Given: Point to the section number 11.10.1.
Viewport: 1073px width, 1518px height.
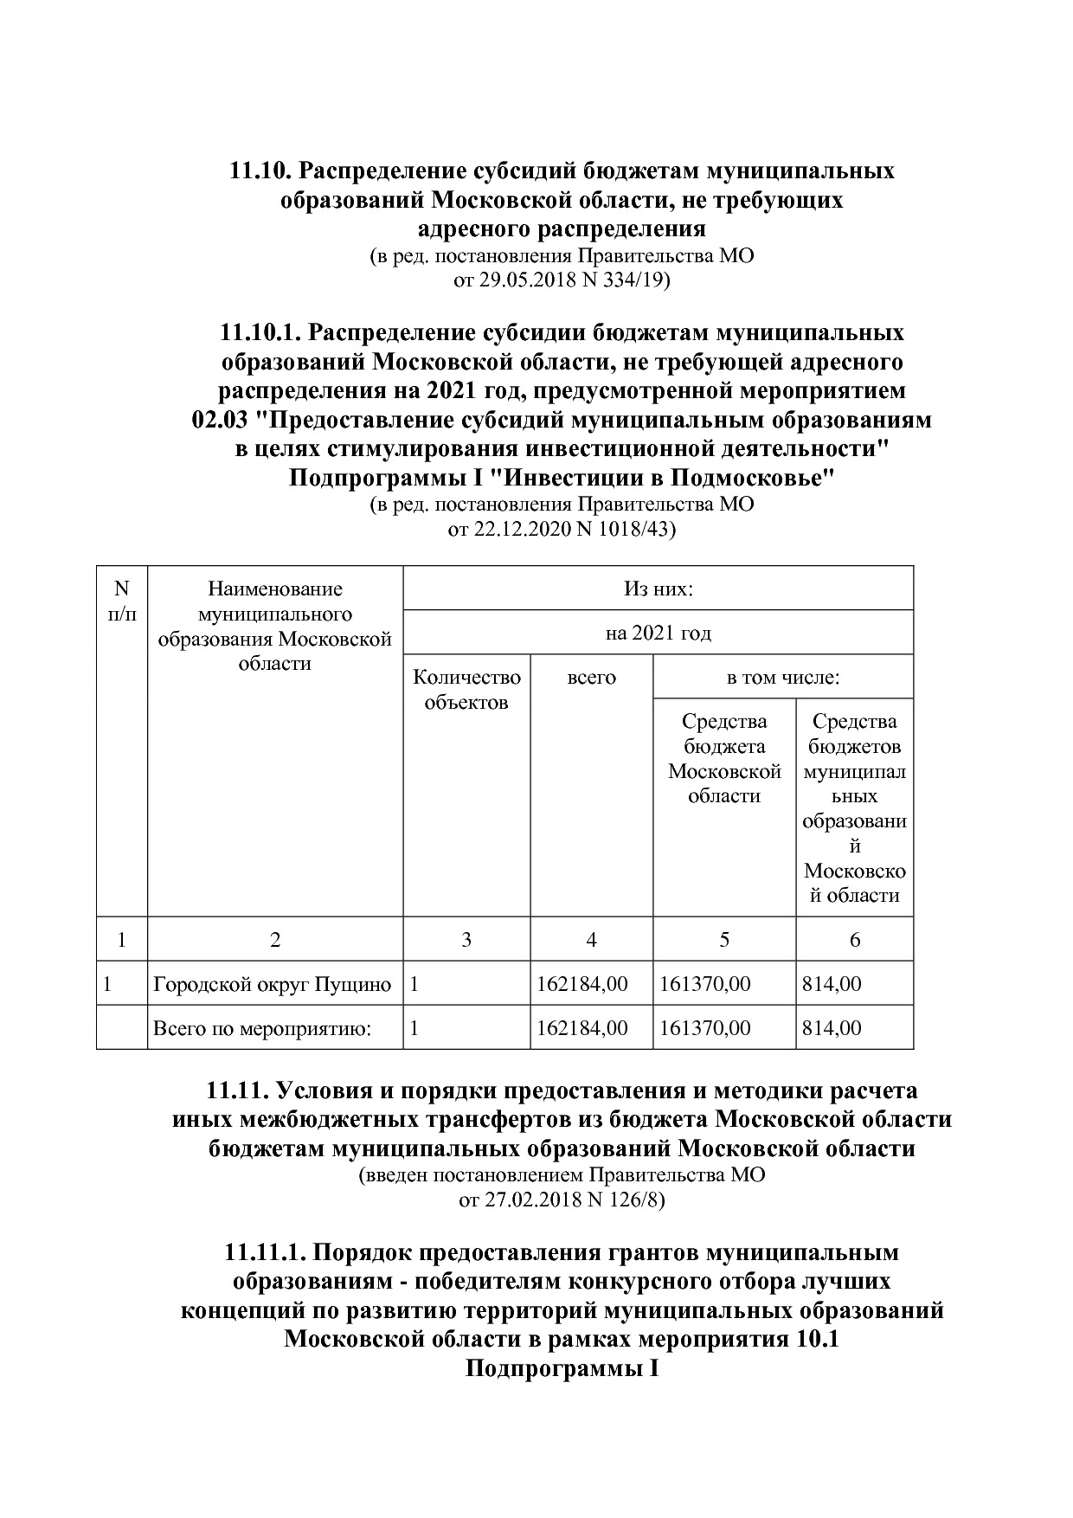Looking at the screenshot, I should [260, 332].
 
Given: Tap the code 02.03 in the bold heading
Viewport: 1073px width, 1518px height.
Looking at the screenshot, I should [222, 421].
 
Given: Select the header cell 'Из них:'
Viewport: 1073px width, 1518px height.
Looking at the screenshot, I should [658, 589].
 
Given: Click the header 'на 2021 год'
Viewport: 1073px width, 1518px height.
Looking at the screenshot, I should [658, 634].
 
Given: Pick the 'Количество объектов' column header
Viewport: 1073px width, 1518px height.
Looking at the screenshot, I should [466, 690].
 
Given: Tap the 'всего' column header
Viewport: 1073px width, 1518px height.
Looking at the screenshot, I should [591, 678].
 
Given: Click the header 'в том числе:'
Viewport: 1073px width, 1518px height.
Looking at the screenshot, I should [782, 678].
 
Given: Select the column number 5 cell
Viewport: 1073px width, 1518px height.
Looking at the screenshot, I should [724, 940].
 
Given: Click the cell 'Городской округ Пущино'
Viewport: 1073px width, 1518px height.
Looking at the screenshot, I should [273, 984].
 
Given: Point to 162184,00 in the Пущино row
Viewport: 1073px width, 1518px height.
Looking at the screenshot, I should [581, 984].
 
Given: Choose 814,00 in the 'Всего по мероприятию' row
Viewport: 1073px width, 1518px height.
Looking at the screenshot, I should [832, 1028].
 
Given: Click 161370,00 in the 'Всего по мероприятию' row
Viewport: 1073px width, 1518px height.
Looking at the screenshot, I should [704, 1028].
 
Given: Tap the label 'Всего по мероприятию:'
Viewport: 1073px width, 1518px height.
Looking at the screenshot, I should [262, 1028].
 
